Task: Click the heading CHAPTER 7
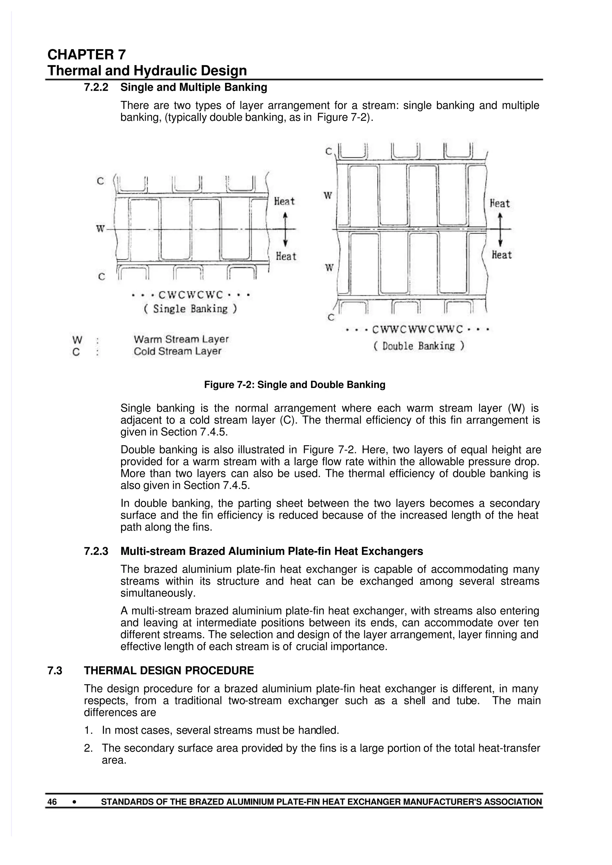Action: [87, 55]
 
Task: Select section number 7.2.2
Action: [96, 87]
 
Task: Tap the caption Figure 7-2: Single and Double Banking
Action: [295, 385]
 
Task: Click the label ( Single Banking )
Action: [190, 309]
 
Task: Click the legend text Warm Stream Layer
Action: [181, 339]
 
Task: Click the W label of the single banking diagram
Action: [100, 229]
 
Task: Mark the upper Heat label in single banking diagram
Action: [284, 201]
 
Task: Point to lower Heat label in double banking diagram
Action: [501, 255]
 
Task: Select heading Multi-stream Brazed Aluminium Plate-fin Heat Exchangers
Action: [272, 551]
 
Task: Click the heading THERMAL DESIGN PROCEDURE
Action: [169, 671]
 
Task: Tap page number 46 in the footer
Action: [52, 802]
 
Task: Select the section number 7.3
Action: [55, 671]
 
